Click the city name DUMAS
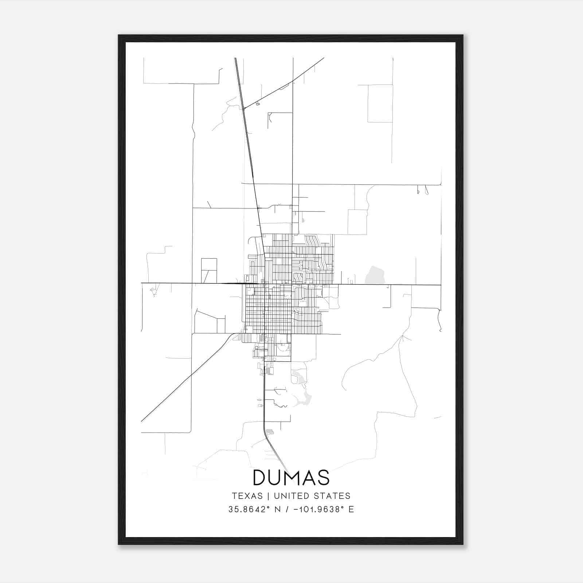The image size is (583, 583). pyautogui.click(x=291, y=477)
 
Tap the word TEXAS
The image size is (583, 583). pyautogui.click(x=247, y=496)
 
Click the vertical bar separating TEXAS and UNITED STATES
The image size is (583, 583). pyautogui.click(x=268, y=496)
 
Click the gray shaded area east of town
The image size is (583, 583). pyautogui.click(x=375, y=275)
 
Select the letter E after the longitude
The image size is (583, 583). pyautogui.click(x=351, y=509)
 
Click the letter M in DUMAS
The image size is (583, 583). pyautogui.click(x=291, y=477)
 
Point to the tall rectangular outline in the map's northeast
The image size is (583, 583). pyautogui.click(x=380, y=103)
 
